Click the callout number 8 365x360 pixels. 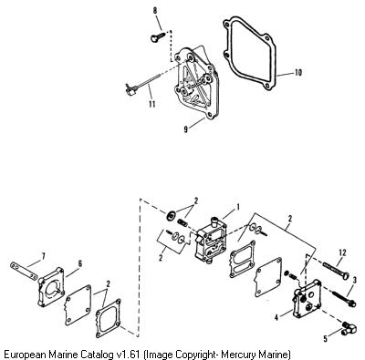pyautogui.click(x=155, y=11)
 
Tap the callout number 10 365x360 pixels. pyautogui.click(x=298, y=73)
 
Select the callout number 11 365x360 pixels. pyautogui.click(x=152, y=104)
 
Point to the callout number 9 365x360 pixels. pyautogui.click(x=186, y=129)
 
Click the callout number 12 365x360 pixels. pyautogui.click(x=342, y=252)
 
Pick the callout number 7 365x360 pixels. pyautogui.click(x=43, y=256)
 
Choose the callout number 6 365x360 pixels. pyautogui.click(x=80, y=263)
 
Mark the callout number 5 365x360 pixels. pyautogui.click(x=326, y=338)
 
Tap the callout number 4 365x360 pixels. pyautogui.click(x=276, y=317)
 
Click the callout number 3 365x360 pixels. pyautogui.click(x=355, y=280)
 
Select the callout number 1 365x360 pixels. pyautogui.click(x=238, y=207)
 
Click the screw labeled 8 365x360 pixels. pyautogui.click(x=157, y=37)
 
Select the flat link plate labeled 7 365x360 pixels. pyautogui.click(x=25, y=271)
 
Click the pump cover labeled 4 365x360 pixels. pyautogui.click(x=307, y=300)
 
